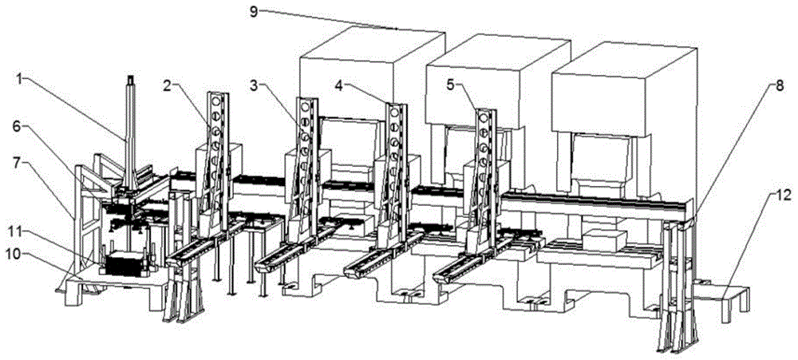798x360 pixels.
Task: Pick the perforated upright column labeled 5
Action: pyautogui.click(x=483, y=160)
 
